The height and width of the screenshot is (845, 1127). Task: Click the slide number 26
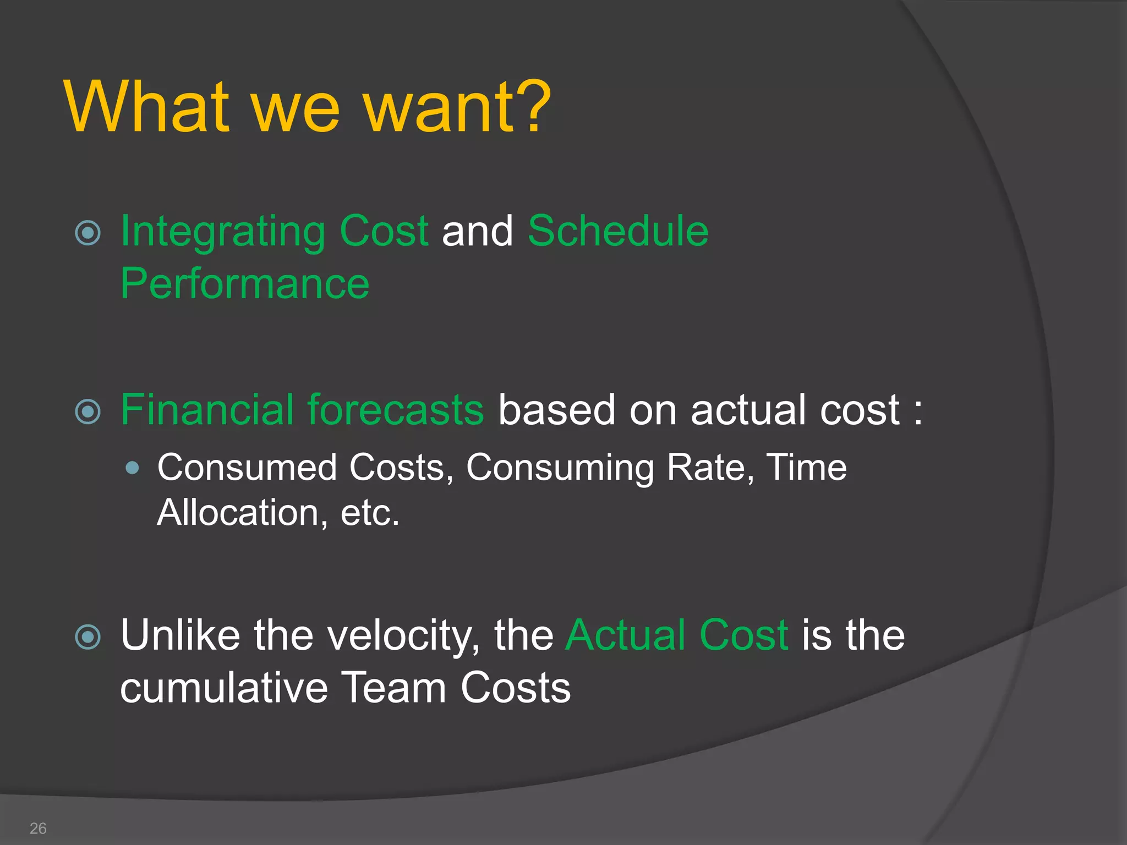pyautogui.click(x=38, y=828)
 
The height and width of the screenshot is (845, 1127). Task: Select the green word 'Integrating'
pyautogui.click(x=223, y=232)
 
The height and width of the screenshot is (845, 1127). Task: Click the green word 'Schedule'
pyautogui.click(x=618, y=231)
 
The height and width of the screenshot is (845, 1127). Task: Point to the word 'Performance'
pyautogui.click(x=244, y=284)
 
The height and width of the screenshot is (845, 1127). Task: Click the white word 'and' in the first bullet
pyautogui.click(x=477, y=231)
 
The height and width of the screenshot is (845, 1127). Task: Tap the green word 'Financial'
pyautogui.click(x=207, y=410)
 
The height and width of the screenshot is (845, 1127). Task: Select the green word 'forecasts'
pyautogui.click(x=396, y=410)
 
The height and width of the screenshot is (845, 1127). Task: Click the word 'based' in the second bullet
pyautogui.click(x=556, y=410)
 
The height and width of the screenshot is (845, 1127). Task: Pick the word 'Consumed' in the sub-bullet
pyautogui.click(x=247, y=468)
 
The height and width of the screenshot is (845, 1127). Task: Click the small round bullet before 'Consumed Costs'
pyautogui.click(x=132, y=468)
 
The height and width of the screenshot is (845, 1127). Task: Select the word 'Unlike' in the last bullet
pyautogui.click(x=180, y=635)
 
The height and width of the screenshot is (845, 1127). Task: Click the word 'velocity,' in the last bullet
pyautogui.click(x=403, y=636)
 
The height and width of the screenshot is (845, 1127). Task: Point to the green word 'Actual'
pyautogui.click(x=625, y=635)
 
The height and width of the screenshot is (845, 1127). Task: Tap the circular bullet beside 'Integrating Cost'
pyautogui.click(x=88, y=233)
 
